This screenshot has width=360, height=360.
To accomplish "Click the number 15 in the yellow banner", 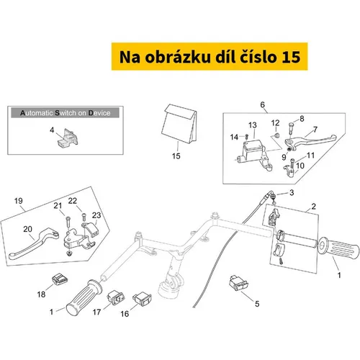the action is point(291,57).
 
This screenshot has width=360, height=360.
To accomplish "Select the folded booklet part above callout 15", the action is point(179,124).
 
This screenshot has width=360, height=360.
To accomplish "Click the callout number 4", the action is point(52,130).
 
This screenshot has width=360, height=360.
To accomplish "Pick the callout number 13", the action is point(253,125).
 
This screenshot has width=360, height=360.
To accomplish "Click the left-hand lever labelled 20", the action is point(34,243).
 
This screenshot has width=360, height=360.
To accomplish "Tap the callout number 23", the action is point(96,215).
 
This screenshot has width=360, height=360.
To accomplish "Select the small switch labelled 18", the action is point(59,280).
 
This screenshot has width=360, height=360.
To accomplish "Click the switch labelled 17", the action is point(116,297).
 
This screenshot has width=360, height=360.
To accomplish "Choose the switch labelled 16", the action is point(142,299).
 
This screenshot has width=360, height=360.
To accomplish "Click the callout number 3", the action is point(292,192).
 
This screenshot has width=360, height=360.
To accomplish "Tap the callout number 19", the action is point(19,201).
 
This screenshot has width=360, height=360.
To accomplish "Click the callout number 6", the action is point(262,104).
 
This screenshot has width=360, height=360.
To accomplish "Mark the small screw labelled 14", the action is point(246,137).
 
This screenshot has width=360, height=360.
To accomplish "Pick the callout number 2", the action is point(313,206).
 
